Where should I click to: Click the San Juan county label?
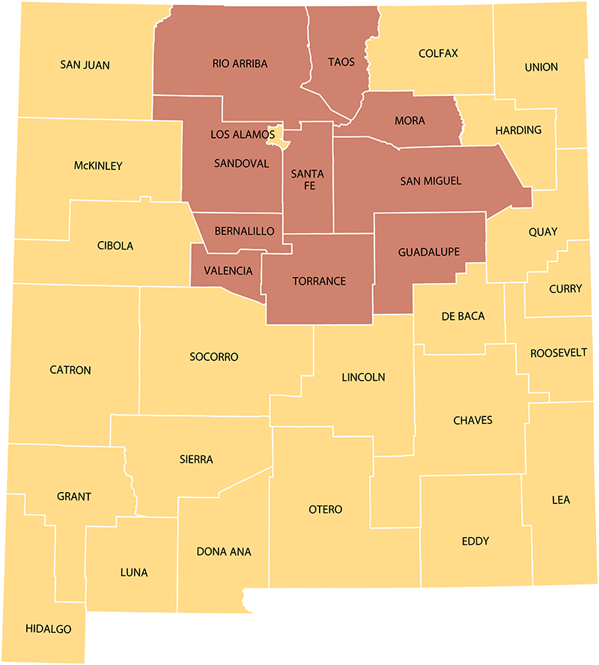coord(85,65)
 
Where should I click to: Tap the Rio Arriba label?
coord(240,64)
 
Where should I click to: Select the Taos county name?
coord(341,62)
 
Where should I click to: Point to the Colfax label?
coord(438,53)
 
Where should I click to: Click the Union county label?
coord(541,67)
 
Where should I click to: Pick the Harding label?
coord(518,130)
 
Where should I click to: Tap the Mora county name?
coord(410,121)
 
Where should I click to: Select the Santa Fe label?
coord(308,180)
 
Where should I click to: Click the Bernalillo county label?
coord(244,231)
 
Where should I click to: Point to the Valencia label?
coord(228,270)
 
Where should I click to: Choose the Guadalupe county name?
coord(429,252)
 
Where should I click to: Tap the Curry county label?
coord(565,288)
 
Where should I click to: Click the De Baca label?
coord(463,316)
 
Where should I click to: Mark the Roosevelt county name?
coord(558,353)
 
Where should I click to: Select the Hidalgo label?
coord(49,629)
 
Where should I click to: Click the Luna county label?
coord(134,573)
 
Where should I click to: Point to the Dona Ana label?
coord(223,552)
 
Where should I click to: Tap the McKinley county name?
coord(98,166)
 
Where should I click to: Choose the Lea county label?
coord(560,499)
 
